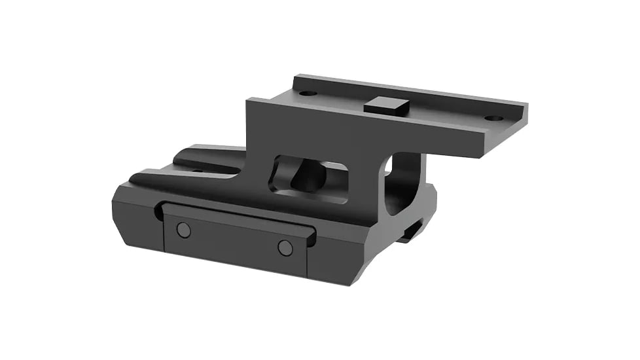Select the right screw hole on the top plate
[x=493, y=118]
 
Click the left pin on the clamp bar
[x=184, y=230]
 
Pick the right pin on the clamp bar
[x=285, y=247]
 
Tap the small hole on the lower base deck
[x=197, y=171]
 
